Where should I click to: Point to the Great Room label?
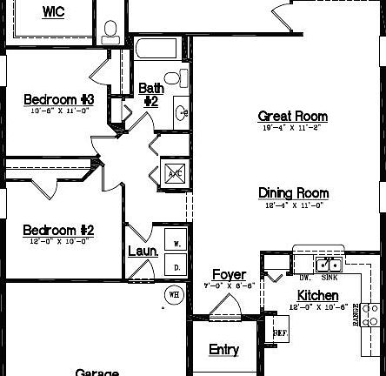[292, 116]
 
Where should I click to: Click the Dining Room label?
[292, 192]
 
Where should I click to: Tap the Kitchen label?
[316, 296]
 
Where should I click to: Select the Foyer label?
[229, 275]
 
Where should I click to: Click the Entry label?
[223, 350]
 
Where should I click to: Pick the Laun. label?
[143, 251]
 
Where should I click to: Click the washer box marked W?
[176, 245]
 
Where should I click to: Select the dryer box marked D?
[176, 267]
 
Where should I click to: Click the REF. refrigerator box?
[280, 332]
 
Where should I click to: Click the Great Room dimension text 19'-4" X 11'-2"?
[292, 129]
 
